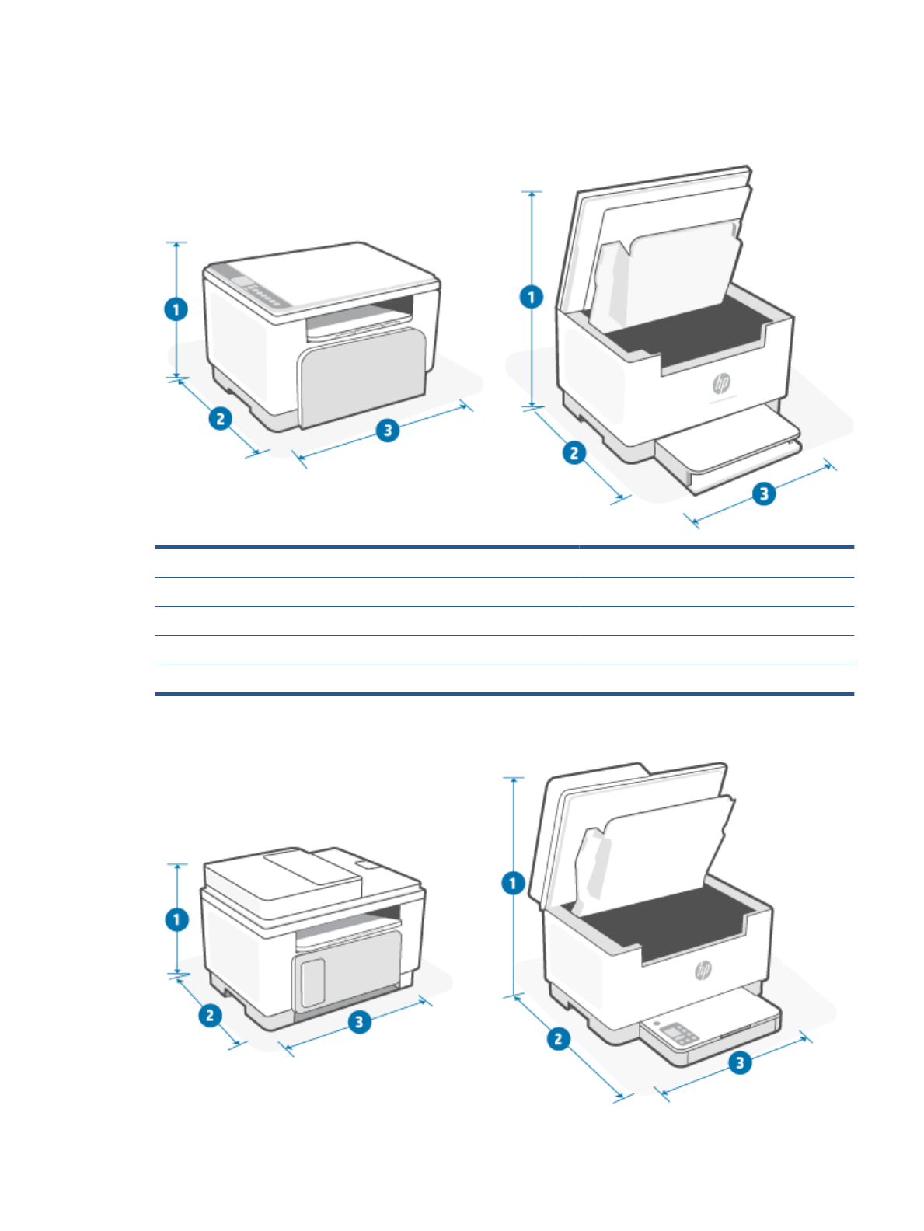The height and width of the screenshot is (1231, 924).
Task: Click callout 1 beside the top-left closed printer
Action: [x=176, y=309]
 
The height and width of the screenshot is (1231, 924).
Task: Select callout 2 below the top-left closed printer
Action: [x=221, y=418]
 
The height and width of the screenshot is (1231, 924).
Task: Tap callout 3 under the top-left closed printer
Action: [x=388, y=430]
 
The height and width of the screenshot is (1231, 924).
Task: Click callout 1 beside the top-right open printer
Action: [x=532, y=297]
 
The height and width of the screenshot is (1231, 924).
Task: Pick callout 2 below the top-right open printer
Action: [x=574, y=452]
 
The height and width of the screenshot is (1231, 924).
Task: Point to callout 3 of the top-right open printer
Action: [x=764, y=493]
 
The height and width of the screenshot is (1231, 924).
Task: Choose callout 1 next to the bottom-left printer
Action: [x=177, y=919]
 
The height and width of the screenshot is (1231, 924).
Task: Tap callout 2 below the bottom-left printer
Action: [x=210, y=1015]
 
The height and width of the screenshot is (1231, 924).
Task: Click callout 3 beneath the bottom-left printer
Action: [x=359, y=1021]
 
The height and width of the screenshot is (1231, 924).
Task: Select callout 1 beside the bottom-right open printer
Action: [x=513, y=883]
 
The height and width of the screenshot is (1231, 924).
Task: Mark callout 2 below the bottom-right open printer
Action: [x=558, y=1038]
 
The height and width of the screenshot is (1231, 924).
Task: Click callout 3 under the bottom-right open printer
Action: [x=740, y=1062]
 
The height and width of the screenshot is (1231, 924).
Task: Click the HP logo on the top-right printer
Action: [x=721, y=383]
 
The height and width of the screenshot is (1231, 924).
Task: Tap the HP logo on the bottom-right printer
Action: [x=703, y=970]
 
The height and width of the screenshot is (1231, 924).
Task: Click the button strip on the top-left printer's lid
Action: [x=263, y=294]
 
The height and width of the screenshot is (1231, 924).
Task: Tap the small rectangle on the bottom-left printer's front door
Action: [x=312, y=982]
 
